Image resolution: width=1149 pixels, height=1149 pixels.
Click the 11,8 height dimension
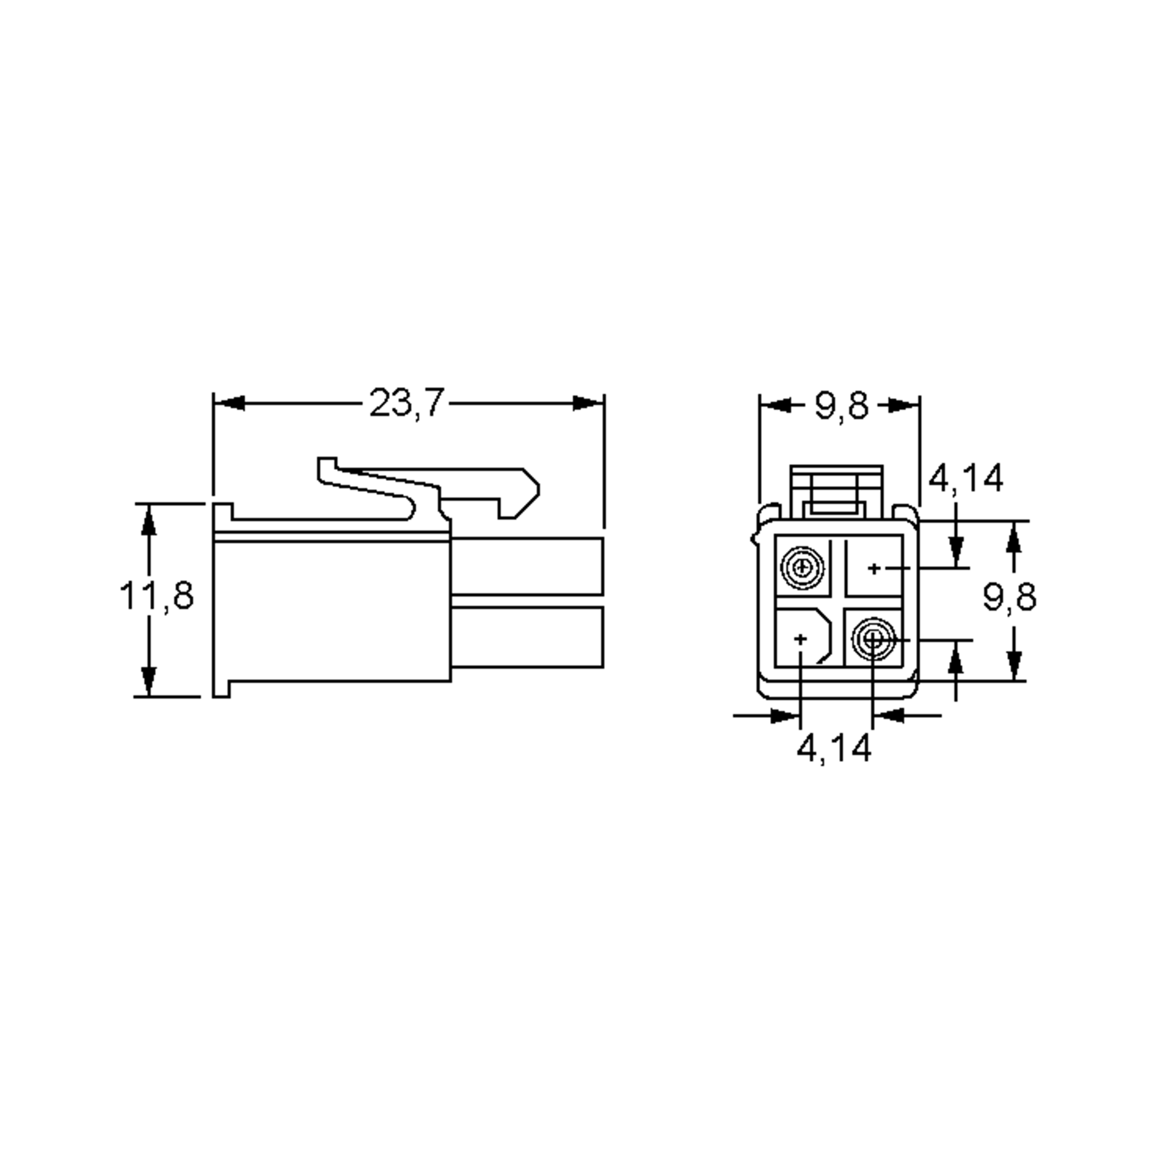(x=157, y=596)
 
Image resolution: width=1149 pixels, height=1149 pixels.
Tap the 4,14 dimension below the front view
(x=834, y=748)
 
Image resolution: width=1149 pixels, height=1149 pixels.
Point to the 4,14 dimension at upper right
(x=965, y=478)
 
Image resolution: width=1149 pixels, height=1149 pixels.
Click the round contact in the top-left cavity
(x=803, y=568)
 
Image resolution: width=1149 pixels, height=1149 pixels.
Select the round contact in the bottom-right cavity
(x=872, y=640)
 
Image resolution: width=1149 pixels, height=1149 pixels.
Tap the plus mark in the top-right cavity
(x=874, y=569)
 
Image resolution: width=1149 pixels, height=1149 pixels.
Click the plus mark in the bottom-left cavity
(x=801, y=639)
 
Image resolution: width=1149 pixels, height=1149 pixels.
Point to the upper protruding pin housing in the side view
(x=527, y=565)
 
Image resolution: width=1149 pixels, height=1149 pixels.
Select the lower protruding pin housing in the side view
(x=527, y=637)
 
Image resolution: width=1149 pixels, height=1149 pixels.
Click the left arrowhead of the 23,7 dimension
(x=229, y=403)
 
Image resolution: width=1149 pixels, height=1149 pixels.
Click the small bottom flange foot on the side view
(x=221, y=689)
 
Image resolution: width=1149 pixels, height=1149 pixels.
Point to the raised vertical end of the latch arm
(x=327, y=469)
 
